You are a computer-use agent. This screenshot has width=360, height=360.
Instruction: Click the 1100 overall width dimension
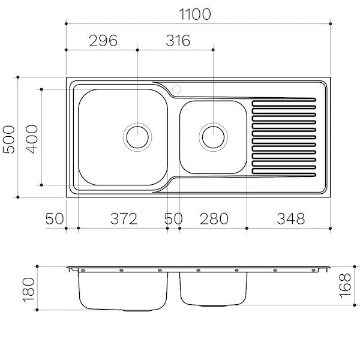(194, 14)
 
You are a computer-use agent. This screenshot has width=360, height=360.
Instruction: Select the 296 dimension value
(103, 40)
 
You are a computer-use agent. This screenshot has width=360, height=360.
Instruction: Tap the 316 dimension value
(178, 40)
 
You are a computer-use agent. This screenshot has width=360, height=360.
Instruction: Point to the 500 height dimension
(9, 139)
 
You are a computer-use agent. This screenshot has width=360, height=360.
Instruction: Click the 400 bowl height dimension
(32, 139)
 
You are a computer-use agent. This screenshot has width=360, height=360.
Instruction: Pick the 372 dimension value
(124, 218)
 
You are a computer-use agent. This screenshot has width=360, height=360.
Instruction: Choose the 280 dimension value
(214, 218)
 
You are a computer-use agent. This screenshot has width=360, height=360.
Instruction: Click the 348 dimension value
(291, 218)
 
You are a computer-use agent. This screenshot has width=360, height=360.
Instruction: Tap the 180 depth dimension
(28, 290)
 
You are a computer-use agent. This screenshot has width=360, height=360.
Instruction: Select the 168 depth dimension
(345, 286)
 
